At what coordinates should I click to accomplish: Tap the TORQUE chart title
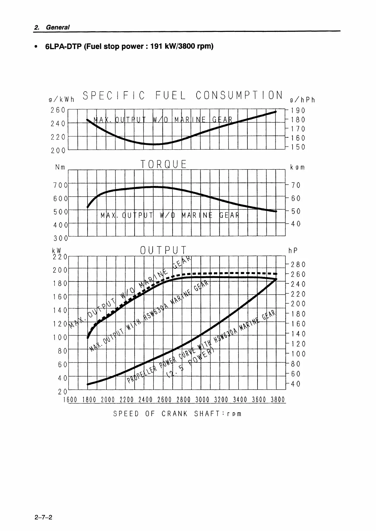click(x=163, y=164)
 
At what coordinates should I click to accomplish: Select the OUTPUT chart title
click(x=163, y=251)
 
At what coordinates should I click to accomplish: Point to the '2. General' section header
click(x=52, y=27)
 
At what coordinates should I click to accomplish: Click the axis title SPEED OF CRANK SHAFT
click(x=177, y=414)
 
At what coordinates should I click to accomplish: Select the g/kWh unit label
click(x=61, y=100)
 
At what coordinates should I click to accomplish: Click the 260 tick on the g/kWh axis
click(x=58, y=110)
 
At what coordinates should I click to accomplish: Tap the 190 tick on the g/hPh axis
click(x=298, y=110)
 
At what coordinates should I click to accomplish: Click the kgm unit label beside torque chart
click(x=297, y=167)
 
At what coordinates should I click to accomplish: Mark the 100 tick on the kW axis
click(x=60, y=337)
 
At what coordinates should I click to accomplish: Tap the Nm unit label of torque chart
click(x=60, y=167)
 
